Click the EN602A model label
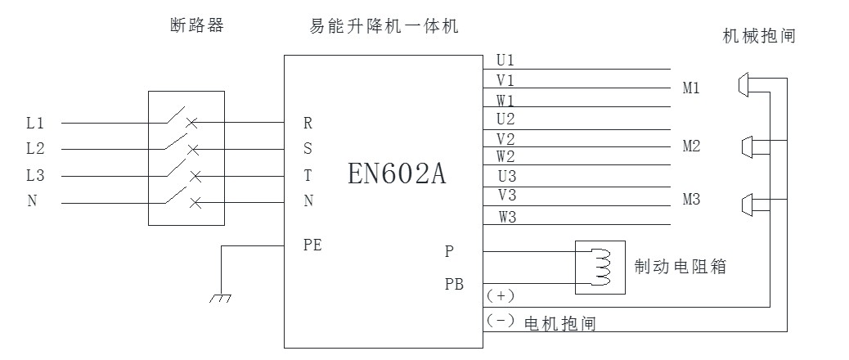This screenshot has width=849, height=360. click(397, 173)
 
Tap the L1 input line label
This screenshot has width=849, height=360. click(35, 124)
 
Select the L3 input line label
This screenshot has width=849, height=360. click(35, 175)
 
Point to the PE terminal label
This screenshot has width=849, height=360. click(312, 243)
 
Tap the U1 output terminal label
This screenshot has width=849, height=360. click(505, 61)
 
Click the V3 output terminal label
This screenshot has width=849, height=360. click(506, 195)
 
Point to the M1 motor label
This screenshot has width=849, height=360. click(691, 88)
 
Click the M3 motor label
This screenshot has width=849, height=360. click(691, 200)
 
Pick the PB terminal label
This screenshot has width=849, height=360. click(454, 285)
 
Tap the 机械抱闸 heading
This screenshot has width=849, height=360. click(759, 36)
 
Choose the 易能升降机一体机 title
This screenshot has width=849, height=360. click(378, 26)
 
